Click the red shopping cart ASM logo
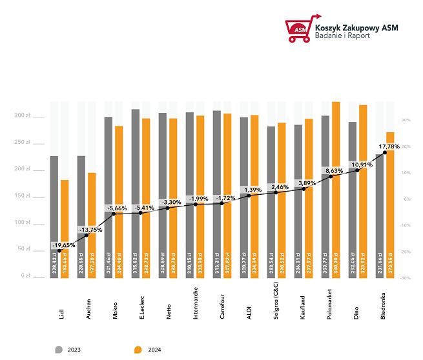click(x=299, y=29)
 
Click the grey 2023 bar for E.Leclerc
click(x=136, y=194)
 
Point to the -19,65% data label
click(x=63, y=245)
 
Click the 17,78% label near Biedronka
click(x=386, y=146)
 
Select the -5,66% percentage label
click(x=118, y=208)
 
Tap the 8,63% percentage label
click(x=335, y=170)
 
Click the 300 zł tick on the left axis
click(x=23, y=115)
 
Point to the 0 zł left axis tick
click(x=26, y=275)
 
